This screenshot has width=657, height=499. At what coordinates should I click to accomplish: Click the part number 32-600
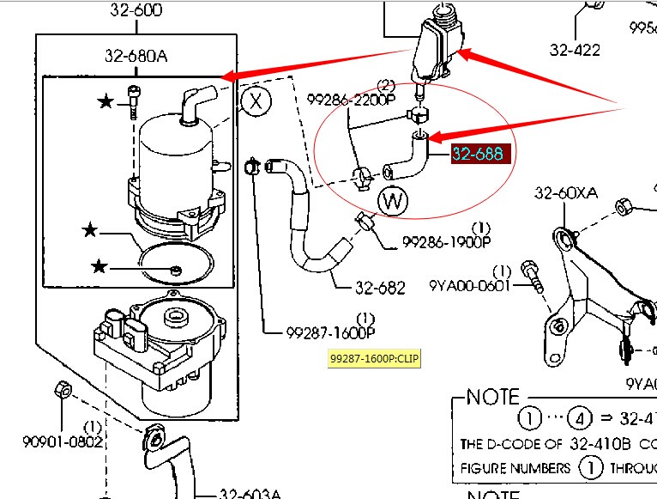pos(135,11)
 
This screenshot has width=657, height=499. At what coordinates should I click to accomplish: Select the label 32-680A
pos(136,57)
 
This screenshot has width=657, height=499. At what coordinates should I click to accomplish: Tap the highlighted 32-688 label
pos(482,154)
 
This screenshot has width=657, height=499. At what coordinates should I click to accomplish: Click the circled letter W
pos(393,202)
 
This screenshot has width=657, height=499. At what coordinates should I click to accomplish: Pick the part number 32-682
pos(380,289)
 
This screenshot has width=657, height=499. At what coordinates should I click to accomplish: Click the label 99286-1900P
pos(446,243)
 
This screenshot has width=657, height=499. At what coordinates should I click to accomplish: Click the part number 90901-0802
pos(63,441)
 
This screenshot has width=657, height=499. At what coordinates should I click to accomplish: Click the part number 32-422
pos(575,50)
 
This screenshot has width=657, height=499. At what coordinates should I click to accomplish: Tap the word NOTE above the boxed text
pos(493,397)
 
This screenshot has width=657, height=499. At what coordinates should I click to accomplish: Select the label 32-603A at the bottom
pos(250,493)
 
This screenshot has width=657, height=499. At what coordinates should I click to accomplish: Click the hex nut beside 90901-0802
pos(62,390)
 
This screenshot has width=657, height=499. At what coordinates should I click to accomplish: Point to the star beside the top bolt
pos(105,102)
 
